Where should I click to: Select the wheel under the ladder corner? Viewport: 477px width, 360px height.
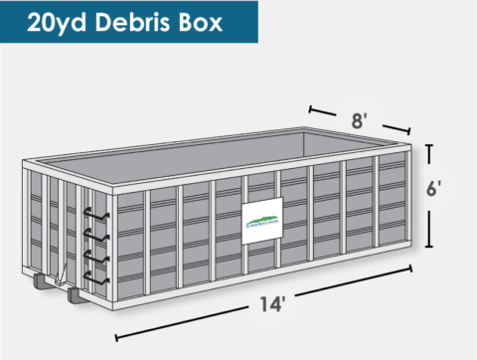(x=75, y=294)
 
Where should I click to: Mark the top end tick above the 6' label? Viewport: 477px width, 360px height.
(x=430, y=145)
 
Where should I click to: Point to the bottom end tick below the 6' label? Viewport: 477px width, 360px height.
(x=430, y=245)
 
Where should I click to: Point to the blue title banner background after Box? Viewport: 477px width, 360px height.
(x=243, y=22)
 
